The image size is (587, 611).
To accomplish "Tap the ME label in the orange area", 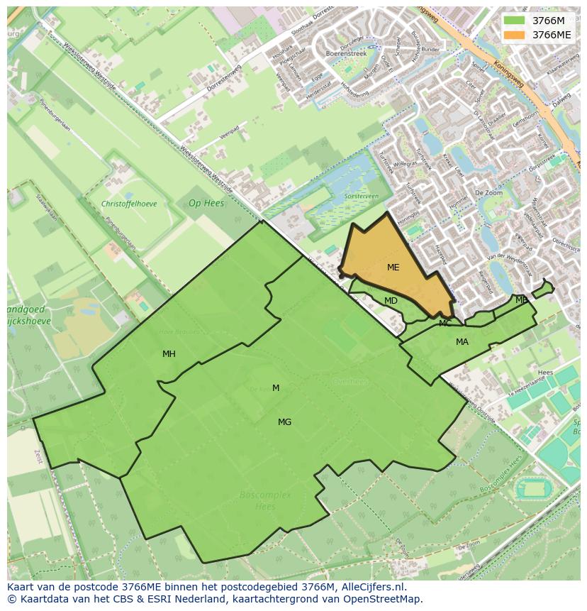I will [393, 268].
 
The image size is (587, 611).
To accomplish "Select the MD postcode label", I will [391, 301].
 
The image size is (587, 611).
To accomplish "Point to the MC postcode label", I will [445, 324].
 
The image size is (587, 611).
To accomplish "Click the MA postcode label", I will [462, 342].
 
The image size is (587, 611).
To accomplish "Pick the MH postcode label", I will [169, 354].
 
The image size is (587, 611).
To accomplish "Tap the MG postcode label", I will [284, 422].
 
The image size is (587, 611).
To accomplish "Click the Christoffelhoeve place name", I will [129, 204].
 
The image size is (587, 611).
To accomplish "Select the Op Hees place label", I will [206, 203].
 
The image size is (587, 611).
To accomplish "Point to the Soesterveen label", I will [361, 197].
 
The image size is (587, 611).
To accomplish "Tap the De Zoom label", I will [488, 193].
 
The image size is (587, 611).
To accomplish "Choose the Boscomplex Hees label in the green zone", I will [265, 500].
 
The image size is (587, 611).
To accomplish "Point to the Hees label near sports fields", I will [545, 372].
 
